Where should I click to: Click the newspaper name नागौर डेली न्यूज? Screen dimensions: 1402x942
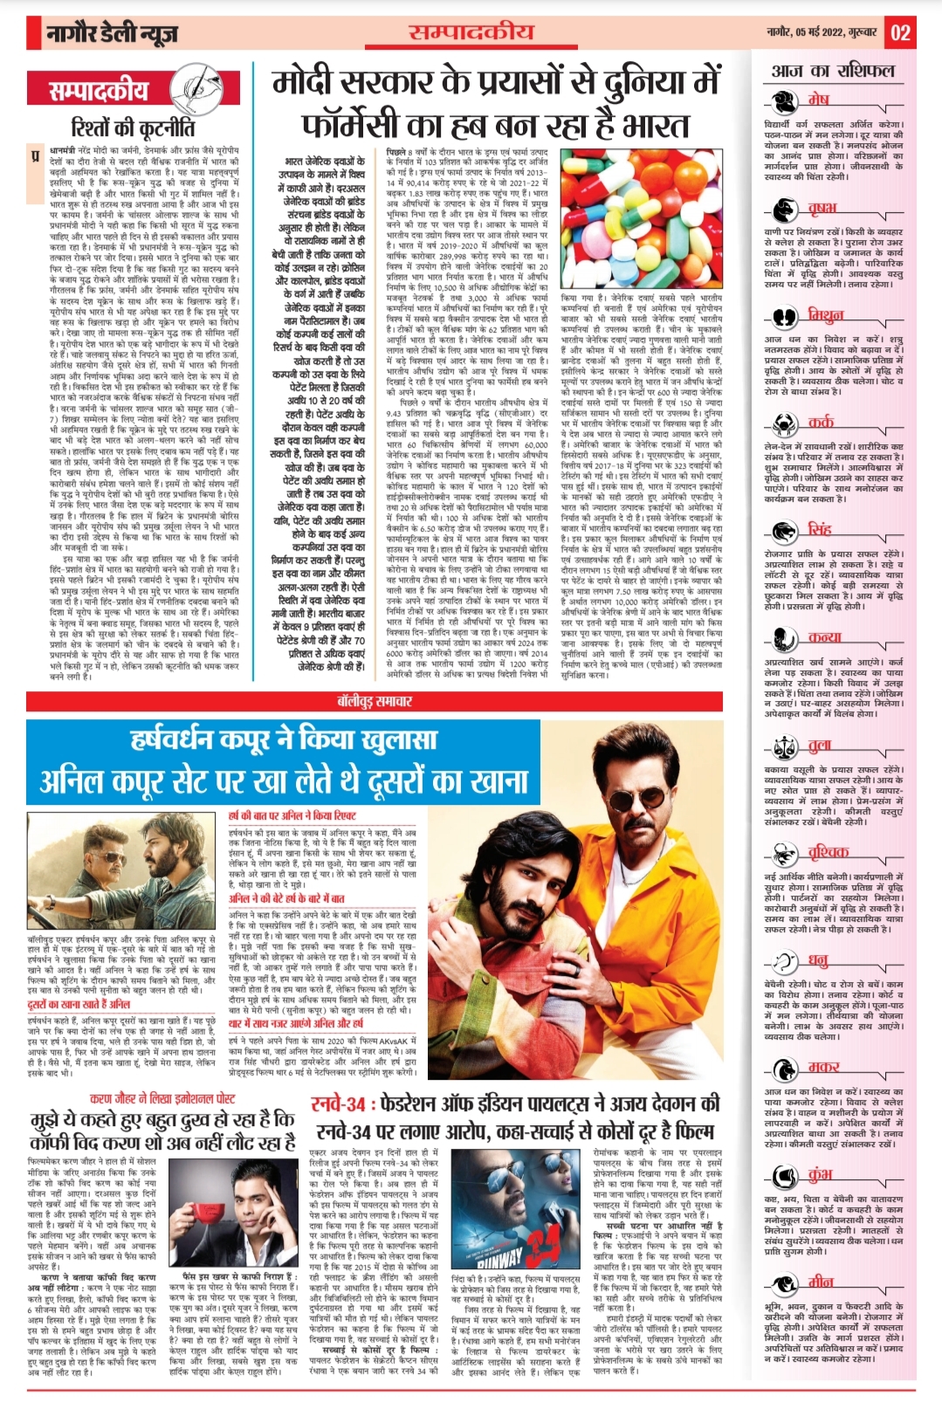(113, 34)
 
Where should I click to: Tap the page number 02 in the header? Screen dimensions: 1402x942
(900, 33)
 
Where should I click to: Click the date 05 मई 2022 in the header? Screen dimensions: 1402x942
(822, 32)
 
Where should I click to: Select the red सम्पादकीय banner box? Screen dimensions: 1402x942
(100, 90)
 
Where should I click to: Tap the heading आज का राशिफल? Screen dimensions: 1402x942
(833, 71)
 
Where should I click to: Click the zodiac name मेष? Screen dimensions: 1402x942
(818, 99)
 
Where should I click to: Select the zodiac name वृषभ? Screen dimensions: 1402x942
(822, 208)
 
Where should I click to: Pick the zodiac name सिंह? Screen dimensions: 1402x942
(820, 529)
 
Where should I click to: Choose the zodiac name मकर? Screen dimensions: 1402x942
(823, 1067)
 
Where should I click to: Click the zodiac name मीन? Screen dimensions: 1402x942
(820, 1282)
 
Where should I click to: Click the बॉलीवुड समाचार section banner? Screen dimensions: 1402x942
(375, 701)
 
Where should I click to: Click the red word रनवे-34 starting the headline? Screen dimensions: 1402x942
(338, 1104)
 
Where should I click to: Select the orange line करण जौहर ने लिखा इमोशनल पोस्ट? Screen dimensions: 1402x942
(162, 1098)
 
